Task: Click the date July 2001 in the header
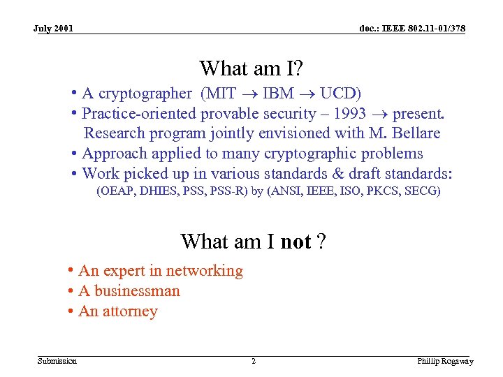(53, 29)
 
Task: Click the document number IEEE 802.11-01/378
(412, 29)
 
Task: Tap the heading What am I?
(251, 68)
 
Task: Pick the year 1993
(349, 114)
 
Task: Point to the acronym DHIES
(159, 191)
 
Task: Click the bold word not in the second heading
(296, 242)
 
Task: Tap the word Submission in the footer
(57, 361)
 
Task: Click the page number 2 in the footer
(253, 361)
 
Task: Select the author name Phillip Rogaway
(445, 361)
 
